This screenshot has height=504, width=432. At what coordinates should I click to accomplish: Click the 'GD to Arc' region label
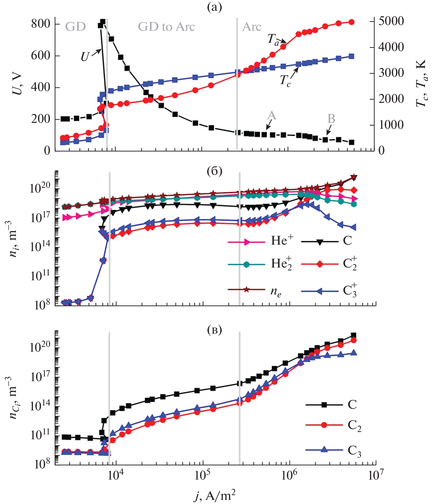click(x=166, y=27)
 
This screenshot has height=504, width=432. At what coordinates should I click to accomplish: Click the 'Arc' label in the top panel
click(x=251, y=27)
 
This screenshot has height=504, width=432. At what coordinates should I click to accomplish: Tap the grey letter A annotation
click(x=271, y=115)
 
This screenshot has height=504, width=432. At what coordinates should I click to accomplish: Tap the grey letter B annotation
click(x=331, y=119)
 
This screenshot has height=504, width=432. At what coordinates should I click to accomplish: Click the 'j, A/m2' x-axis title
click(x=215, y=495)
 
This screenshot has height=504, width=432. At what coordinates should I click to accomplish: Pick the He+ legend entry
click(x=282, y=241)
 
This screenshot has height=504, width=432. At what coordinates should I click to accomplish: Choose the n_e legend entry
click(x=276, y=291)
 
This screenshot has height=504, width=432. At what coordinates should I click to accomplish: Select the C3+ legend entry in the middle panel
click(x=349, y=291)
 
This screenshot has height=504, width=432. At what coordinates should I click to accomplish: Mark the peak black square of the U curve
click(x=103, y=22)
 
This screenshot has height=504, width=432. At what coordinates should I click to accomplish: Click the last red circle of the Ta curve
click(x=352, y=22)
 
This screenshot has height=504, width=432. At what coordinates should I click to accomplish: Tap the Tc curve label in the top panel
click(x=285, y=80)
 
